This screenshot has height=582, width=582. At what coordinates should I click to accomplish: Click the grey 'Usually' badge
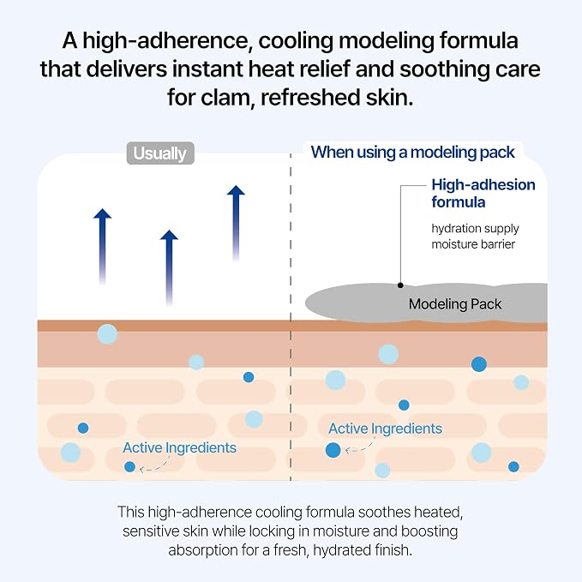click(x=160, y=153)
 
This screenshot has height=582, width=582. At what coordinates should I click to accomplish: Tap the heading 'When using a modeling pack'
click(x=413, y=153)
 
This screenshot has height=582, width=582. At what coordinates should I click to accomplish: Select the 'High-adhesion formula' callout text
click(x=483, y=194)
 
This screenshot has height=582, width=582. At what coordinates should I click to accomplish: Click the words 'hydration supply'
click(x=475, y=229)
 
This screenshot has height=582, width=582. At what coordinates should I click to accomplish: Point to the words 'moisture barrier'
click(x=473, y=244)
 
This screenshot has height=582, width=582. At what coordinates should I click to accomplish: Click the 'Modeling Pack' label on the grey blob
click(x=455, y=304)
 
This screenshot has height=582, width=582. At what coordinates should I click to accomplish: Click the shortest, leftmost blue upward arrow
click(x=103, y=247)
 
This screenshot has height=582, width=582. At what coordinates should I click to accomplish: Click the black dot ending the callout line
click(x=400, y=285)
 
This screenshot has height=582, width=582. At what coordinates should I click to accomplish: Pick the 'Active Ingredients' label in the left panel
click(x=180, y=447)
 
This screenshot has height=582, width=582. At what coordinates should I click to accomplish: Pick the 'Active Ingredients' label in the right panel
click(x=385, y=429)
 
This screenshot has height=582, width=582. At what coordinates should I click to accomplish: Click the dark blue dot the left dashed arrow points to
click(x=130, y=466)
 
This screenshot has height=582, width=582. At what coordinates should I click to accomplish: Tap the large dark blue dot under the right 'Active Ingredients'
click(x=333, y=450)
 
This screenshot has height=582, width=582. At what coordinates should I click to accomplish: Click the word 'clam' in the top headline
click(x=227, y=97)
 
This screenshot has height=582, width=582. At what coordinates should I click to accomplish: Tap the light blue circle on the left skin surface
click(x=107, y=333)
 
